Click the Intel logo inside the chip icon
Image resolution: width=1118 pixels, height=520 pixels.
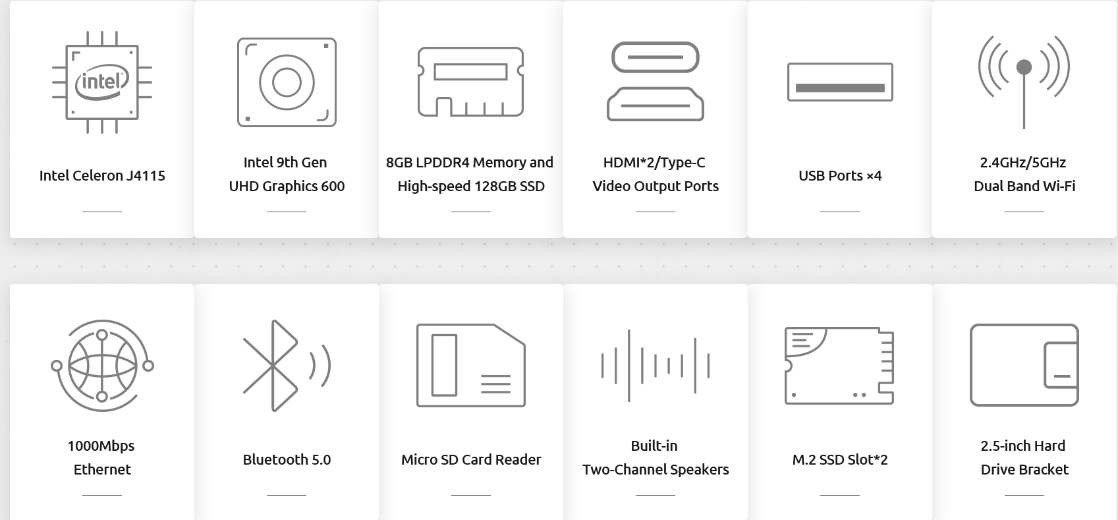click(102, 82)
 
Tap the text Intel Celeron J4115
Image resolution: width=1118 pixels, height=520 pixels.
click(102, 176)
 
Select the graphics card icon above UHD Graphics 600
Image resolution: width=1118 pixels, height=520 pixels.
click(287, 82)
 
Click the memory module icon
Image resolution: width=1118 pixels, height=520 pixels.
click(470, 82)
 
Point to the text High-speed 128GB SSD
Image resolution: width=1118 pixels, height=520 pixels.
click(470, 187)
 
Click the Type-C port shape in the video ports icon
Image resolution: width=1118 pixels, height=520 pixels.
click(656, 57)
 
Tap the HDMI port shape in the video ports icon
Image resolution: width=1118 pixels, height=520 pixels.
click(656, 104)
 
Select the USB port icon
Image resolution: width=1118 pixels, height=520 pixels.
click(840, 82)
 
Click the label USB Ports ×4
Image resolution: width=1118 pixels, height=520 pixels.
click(840, 176)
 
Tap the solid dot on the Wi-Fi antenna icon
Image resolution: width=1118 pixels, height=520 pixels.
click(1024, 67)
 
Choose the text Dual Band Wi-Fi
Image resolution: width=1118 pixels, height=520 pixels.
click(1024, 187)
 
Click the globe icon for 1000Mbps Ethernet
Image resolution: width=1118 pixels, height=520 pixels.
click(102, 366)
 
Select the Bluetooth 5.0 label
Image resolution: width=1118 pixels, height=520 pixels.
click(287, 459)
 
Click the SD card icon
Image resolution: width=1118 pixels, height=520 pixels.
click(470, 365)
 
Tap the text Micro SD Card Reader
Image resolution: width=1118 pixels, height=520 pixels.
click(470, 459)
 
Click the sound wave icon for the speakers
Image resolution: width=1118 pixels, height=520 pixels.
click(656, 366)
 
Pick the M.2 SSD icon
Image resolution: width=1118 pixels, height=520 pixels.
click(839, 365)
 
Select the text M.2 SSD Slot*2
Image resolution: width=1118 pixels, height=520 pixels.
click(840, 459)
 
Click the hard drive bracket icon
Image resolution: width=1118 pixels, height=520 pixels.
click(1024, 365)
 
